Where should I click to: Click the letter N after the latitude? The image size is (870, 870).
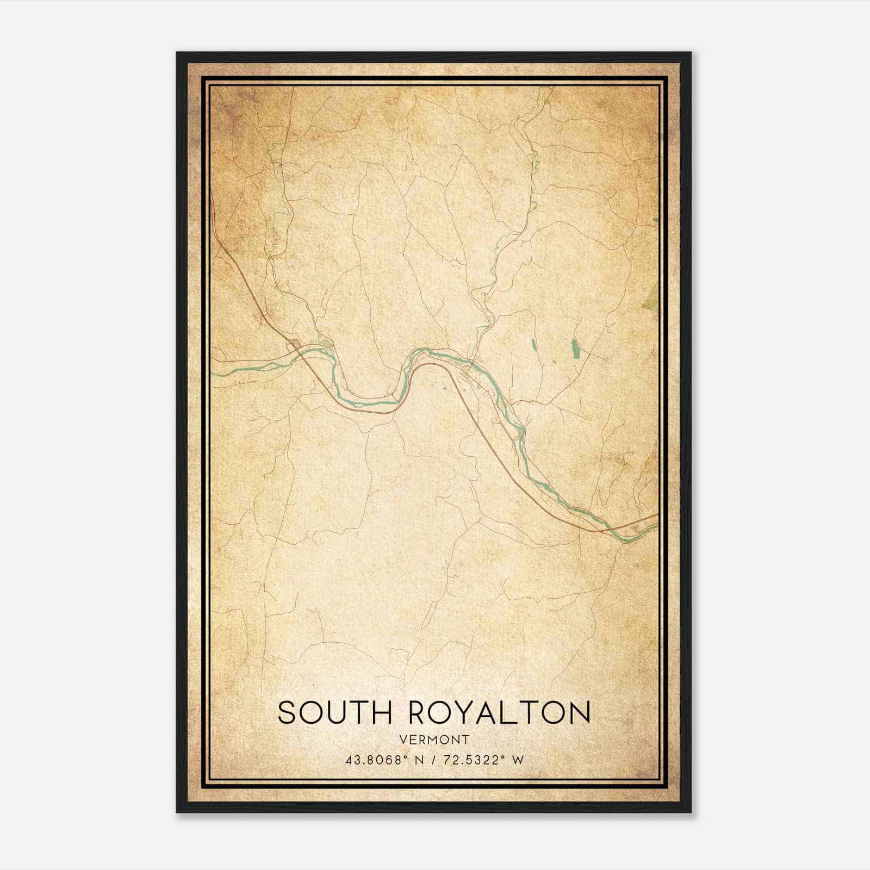click(x=418, y=760)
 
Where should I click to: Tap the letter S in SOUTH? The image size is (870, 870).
click(x=287, y=712)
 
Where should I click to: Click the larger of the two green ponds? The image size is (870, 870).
click(x=575, y=347)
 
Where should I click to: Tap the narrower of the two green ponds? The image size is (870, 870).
click(x=533, y=344)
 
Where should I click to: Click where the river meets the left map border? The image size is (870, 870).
click(x=213, y=375)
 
